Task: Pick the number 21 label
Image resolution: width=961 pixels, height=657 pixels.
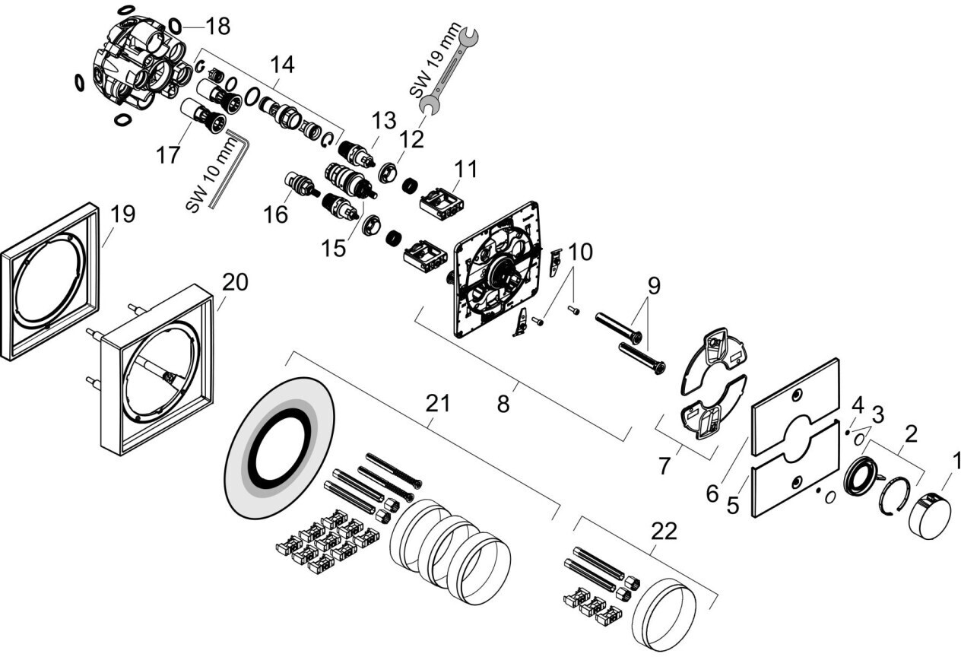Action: (x=439, y=405)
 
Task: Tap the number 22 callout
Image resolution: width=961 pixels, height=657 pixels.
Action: (x=664, y=532)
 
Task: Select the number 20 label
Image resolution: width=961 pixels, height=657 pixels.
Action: (x=235, y=282)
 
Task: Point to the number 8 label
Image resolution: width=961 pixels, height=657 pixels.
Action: (x=503, y=405)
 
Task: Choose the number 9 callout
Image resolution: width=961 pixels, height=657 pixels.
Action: (x=654, y=287)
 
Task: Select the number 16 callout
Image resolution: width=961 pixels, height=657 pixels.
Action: (x=276, y=215)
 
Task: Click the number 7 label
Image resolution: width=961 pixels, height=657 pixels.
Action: (x=665, y=465)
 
